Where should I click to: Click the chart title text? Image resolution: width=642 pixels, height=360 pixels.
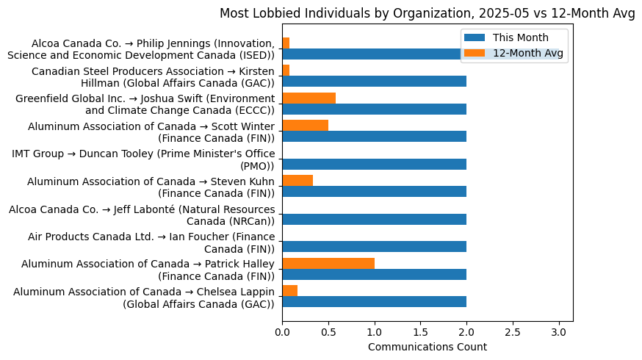[x=427, y=13]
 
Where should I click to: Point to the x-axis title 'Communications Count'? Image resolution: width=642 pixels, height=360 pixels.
[x=427, y=347]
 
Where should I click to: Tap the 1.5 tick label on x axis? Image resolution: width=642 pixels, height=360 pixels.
[x=420, y=332]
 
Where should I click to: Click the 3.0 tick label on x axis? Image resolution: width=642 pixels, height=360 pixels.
[x=558, y=332]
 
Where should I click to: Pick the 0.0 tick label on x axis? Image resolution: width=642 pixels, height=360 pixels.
[x=282, y=332]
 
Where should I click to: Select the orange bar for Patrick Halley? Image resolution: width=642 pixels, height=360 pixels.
[x=328, y=263]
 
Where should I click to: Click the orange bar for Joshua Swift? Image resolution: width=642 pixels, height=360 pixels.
[x=309, y=98]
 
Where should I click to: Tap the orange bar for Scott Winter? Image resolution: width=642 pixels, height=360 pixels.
[x=305, y=126]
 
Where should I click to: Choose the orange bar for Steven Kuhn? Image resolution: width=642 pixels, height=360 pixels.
[x=297, y=181]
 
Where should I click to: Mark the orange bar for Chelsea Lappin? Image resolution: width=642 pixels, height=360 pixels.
[x=289, y=291]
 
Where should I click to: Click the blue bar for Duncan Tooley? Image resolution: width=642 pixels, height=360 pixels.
[x=374, y=164]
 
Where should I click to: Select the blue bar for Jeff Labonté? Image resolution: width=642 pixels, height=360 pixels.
[x=374, y=219]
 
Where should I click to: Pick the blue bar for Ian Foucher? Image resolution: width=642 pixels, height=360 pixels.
[x=374, y=247]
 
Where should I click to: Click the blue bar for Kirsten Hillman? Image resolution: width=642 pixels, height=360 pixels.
[x=374, y=82]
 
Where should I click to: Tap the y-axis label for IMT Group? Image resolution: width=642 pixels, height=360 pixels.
[x=143, y=159]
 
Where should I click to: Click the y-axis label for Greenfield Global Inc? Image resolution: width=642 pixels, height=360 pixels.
[x=145, y=104]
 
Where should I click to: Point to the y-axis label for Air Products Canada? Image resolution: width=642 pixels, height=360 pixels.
[x=151, y=242]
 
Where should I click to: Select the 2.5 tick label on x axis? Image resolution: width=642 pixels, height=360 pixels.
[x=512, y=332]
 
